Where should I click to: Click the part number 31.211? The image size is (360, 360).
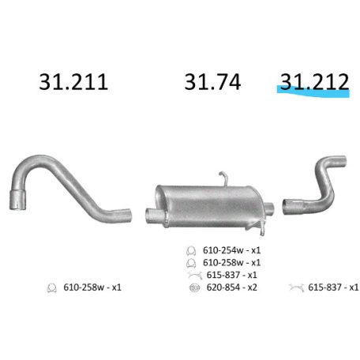[x=73, y=82]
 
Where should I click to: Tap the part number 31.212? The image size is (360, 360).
[x=312, y=81]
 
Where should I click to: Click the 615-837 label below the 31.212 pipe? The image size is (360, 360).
[x=332, y=287]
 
